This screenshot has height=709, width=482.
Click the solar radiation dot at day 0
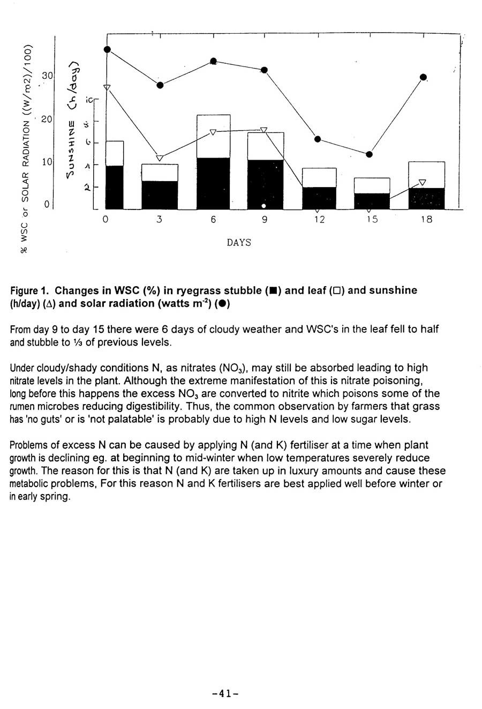pos(107,49)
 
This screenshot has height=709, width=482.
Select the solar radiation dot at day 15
pos(369,154)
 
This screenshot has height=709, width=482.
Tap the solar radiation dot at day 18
pos(423,78)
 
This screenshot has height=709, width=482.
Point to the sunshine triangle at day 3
pos(160,158)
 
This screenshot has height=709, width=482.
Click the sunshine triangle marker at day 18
pos(422,182)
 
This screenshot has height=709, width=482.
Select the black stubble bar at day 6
pos(213,183)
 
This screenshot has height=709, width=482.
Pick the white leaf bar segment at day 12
pos(319,177)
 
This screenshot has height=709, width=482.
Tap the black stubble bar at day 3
pos(160,195)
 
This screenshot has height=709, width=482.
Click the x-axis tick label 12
pos(319,220)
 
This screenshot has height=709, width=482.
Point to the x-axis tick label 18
pos(426,220)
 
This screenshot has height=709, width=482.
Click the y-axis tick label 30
pos(47,76)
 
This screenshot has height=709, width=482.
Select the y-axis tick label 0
pos(47,204)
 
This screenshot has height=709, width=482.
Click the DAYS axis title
pos(239,243)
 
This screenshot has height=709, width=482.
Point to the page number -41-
pos(225,693)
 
